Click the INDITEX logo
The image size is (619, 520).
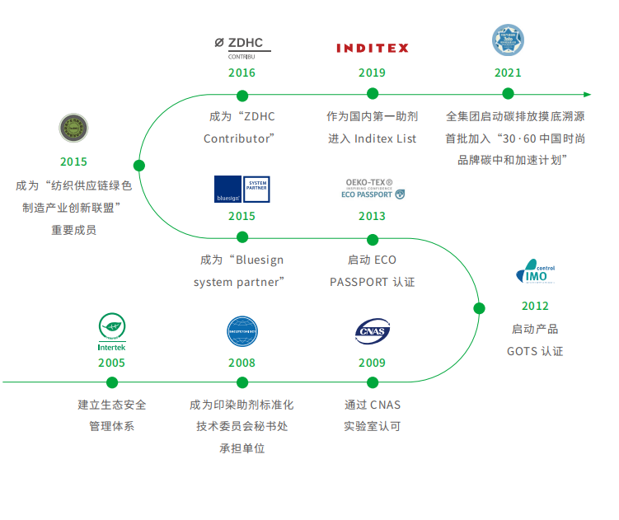coord(372,48)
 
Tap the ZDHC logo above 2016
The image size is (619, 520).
coord(242,46)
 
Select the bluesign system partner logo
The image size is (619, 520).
coord(242,189)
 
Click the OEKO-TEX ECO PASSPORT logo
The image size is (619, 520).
coord(372,189)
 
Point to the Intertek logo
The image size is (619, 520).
coord(112,333)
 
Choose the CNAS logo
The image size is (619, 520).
coord(372,331)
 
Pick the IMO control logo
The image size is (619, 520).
coord(535,274)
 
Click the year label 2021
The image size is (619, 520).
coord(508,73)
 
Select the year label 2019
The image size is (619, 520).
coord(372,73)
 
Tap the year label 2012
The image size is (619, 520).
coord(535,307)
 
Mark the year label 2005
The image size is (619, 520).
coord(112,363)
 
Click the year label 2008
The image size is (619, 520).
coord(242,363)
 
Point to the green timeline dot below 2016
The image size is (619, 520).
coord(242,94)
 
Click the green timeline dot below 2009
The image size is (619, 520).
coord(372,382)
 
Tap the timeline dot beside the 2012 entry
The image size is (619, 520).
coord(479,308)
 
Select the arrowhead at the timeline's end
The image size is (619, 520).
coord(587,94)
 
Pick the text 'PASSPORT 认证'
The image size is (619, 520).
coord(372,282)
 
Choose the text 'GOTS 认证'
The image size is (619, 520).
coord(535,351)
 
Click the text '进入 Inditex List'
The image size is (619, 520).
coord(373,138)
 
